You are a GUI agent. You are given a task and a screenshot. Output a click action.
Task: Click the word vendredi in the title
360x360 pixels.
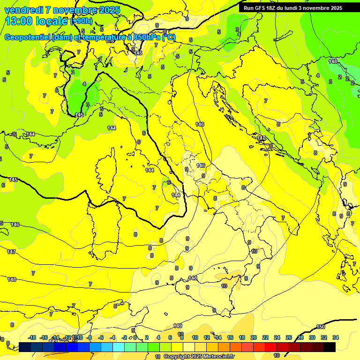tap(23, 10)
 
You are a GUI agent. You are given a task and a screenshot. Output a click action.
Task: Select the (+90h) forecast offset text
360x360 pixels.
tap(81, 21)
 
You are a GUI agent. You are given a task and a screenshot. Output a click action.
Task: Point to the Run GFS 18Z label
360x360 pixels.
tap(260, 7)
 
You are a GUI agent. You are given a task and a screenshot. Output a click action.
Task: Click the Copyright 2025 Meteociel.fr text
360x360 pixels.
tap(199, 357)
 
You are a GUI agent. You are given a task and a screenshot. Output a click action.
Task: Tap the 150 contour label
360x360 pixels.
tap(320, 327)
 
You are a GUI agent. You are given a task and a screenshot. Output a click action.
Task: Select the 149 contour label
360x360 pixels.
tap(177, 326)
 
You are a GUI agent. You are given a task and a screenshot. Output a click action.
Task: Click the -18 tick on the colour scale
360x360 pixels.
tap(32, 337)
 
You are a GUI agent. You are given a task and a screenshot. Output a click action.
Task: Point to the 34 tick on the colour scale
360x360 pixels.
tap(336, 337)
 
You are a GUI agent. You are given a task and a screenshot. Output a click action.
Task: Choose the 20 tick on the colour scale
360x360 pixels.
tap(254, 337)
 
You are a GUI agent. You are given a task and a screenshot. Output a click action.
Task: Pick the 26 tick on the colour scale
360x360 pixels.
tap(289, 337)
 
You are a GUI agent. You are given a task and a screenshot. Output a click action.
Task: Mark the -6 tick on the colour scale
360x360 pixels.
tap(101, 337)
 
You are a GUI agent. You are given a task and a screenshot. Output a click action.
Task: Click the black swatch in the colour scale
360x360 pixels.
tap(330, 347)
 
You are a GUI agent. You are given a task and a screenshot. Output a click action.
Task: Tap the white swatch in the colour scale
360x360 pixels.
tap(188, 347)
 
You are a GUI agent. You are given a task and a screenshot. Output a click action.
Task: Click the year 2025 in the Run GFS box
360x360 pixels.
tap(334, 7)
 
